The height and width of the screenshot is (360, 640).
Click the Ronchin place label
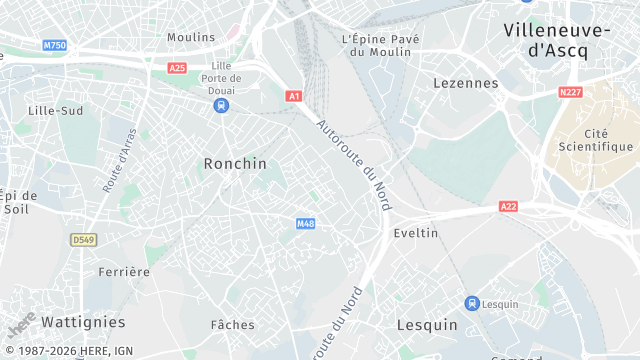point(235,163)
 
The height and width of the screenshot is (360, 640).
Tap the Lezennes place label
point(465,84)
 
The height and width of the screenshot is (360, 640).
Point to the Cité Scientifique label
point(595,140)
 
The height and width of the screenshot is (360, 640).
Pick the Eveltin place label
point(416,232)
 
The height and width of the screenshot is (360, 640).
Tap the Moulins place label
point(191,37)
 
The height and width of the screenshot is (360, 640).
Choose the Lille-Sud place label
point(56,110)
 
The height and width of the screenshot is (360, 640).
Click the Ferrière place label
point(124,271)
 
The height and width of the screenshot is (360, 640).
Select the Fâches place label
point(233,324)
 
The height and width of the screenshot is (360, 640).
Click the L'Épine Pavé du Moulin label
point(380,45)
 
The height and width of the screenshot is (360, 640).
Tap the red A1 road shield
point(294,96)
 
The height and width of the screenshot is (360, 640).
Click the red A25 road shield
point(177,68)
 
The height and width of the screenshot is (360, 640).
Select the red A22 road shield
point(509,207)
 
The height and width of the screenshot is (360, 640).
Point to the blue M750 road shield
point(54,46)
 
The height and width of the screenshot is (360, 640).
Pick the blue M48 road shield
point(306,223)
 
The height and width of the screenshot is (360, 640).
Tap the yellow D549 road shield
point(83,240)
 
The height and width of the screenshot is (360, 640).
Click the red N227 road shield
point(570,92)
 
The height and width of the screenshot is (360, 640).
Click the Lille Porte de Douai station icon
point(221,104)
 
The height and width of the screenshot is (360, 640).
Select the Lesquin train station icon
point(471,303)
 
